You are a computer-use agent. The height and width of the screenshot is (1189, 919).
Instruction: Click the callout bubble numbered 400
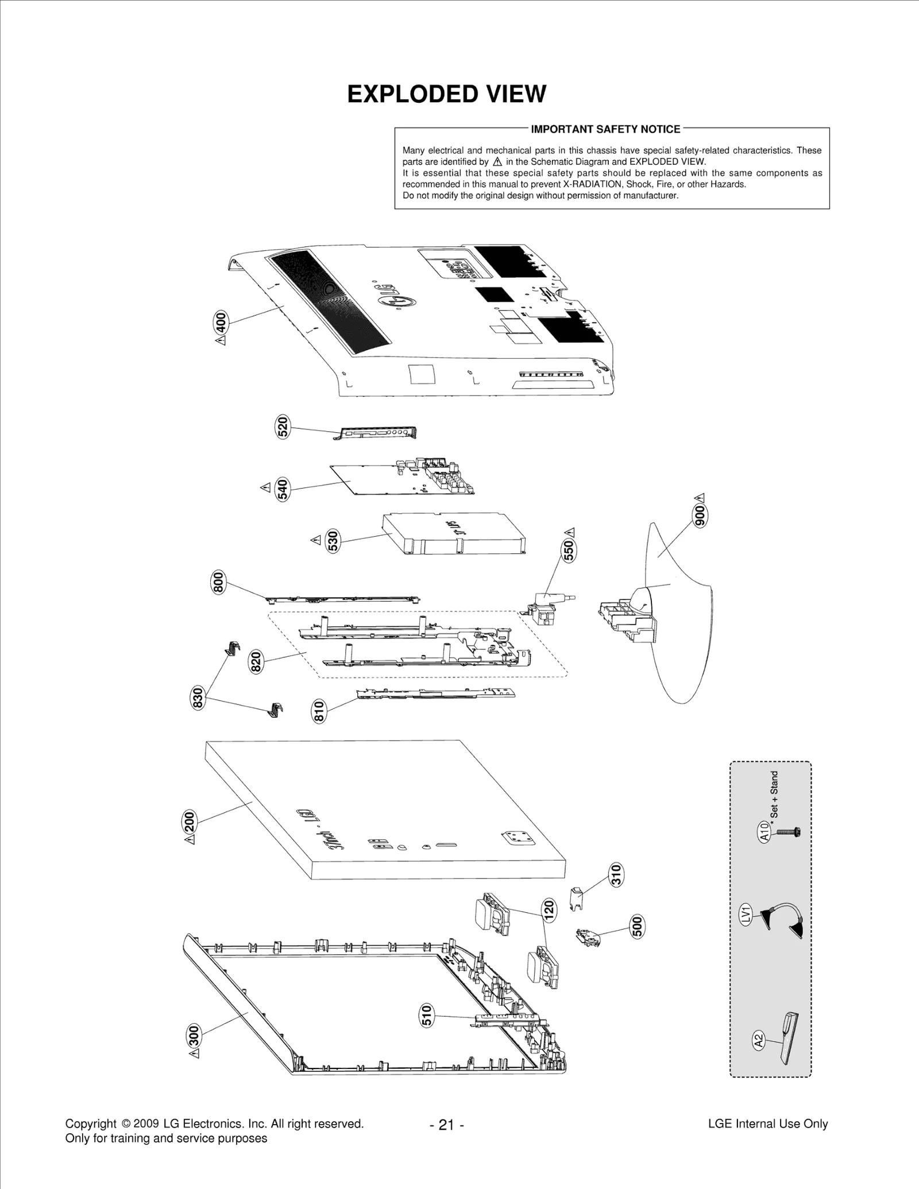221,322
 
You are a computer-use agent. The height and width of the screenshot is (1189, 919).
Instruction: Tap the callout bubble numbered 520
283,427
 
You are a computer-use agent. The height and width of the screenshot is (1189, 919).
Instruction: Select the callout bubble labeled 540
283,489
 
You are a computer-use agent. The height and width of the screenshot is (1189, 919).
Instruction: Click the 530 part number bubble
333,541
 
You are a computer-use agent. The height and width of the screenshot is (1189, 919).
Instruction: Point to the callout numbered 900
700,516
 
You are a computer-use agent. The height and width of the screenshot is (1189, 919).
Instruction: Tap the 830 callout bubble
199,698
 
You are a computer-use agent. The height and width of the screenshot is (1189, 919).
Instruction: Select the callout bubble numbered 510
427,1016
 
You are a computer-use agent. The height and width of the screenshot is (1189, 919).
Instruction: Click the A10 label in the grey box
764,832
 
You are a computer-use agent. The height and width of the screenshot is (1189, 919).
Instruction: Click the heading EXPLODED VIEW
446,94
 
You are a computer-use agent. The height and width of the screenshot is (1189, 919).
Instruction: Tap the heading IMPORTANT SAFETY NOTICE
605,129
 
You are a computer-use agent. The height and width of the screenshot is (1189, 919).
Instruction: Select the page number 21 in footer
446,1125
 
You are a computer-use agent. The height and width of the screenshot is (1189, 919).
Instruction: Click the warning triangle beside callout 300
195,1054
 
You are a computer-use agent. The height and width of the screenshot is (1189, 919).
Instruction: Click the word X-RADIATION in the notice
592,184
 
